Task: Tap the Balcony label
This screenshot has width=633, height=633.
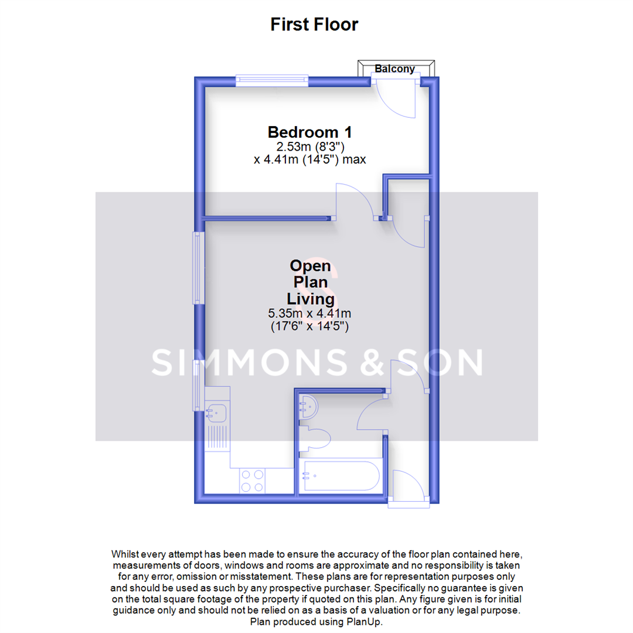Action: pyautogui.click(x=395, y=69)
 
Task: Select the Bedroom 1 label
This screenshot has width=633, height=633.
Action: pyautogui.click(x=310, y=132)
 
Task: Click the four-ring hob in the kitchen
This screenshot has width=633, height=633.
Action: pyautogui.click(x=252, y=481)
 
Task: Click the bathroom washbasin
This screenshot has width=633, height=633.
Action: pyautogui.click(x=308, y=406)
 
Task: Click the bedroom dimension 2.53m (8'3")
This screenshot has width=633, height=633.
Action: pyautogui.click(x=309, y=147)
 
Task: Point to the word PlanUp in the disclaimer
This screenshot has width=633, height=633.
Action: pyautogui.click(x=367, y=622)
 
